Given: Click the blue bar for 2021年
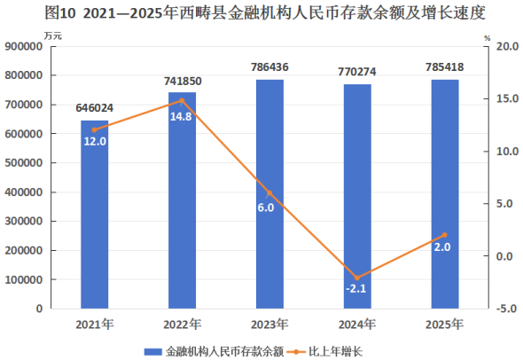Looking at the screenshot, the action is (94, 215).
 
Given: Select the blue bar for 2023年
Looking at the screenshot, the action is (269, 194).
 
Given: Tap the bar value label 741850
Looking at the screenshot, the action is (183, 81).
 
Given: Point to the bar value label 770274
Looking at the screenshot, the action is (357, 72).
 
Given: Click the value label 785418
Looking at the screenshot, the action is (445, 67).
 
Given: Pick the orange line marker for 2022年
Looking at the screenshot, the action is (182, 100).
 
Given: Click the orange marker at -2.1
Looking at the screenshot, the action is (357, 278).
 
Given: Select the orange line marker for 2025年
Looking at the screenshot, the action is (445, 235).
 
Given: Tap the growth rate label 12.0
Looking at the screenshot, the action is (95, 142).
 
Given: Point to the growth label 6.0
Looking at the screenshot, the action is (266, 207).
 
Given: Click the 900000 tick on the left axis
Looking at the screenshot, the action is (24, 46).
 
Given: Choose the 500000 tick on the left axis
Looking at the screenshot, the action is (24, 163).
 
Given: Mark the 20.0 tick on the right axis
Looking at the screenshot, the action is (507, 46).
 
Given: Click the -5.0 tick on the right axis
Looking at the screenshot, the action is (507, 309).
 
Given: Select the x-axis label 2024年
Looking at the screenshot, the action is (357, 325).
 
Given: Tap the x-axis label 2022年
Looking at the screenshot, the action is (182, 325).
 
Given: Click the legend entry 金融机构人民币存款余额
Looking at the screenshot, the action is (214, 351).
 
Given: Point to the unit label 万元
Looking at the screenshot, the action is (52, 35).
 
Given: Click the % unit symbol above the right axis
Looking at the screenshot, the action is (488, 38).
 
